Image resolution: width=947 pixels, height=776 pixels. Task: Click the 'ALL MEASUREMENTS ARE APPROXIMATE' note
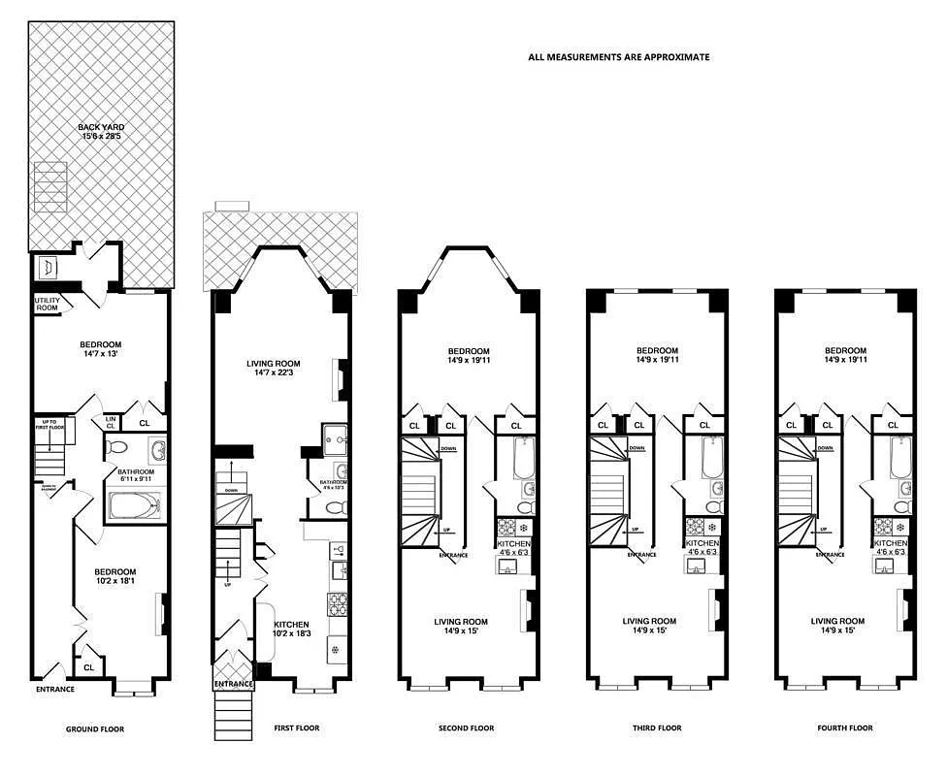coord(618,57)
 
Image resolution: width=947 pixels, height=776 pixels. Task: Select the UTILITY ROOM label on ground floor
coord(48,304)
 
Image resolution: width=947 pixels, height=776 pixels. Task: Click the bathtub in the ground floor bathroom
coord(137,505)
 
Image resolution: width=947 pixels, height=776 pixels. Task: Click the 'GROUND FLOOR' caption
coord(94,728)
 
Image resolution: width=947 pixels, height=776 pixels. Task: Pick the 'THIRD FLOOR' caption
coord(657,728)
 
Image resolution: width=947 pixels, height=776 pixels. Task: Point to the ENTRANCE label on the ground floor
coord(55,690)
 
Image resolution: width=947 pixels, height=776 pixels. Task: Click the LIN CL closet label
coord(111,422)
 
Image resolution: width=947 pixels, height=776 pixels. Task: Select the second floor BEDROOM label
coord(468,356)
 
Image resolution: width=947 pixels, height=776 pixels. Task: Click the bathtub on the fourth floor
coord(900,457)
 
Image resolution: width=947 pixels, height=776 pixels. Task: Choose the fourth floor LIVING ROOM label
coord(837,626)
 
